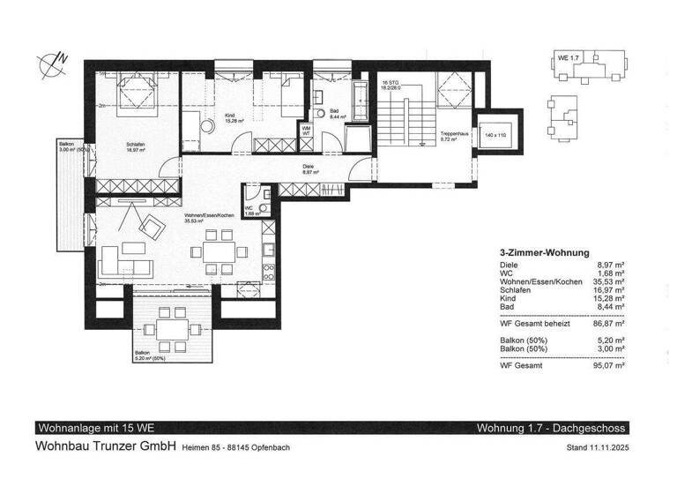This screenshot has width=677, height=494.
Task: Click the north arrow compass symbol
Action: coord(50,63)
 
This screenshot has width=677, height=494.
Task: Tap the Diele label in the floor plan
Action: coord(309,167)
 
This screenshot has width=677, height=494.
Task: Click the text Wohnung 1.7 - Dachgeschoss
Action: coord(551,428)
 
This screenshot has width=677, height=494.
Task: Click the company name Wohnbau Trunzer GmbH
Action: coord(105,446)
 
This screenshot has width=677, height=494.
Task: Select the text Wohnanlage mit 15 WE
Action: coord(87,428)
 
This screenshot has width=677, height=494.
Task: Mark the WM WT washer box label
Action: coord(306,131)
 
